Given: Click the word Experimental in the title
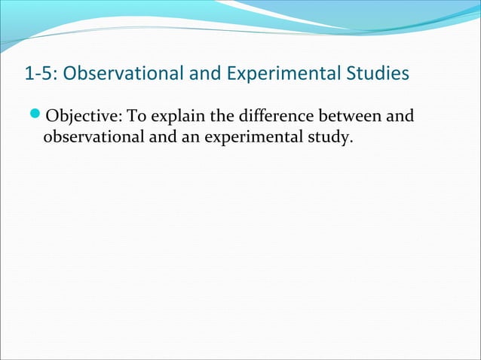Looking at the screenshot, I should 282,74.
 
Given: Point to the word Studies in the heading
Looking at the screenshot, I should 379,74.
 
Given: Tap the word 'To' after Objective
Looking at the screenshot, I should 135,117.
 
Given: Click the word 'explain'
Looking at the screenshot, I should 173,117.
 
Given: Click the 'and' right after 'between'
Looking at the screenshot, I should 399,117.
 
